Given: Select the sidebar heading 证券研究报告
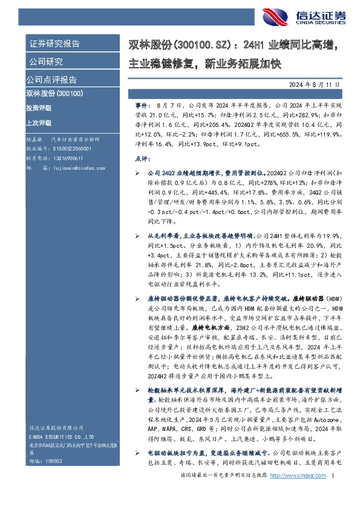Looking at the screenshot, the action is pyautogui.click(x=54, y=44).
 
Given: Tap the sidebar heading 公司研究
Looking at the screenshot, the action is pyautogui.click(x=46, y=62).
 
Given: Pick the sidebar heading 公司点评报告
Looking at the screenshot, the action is pyautogui.click(x=51, y=80).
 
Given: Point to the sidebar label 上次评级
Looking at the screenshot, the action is pyautogui.click(x=39, y=122).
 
